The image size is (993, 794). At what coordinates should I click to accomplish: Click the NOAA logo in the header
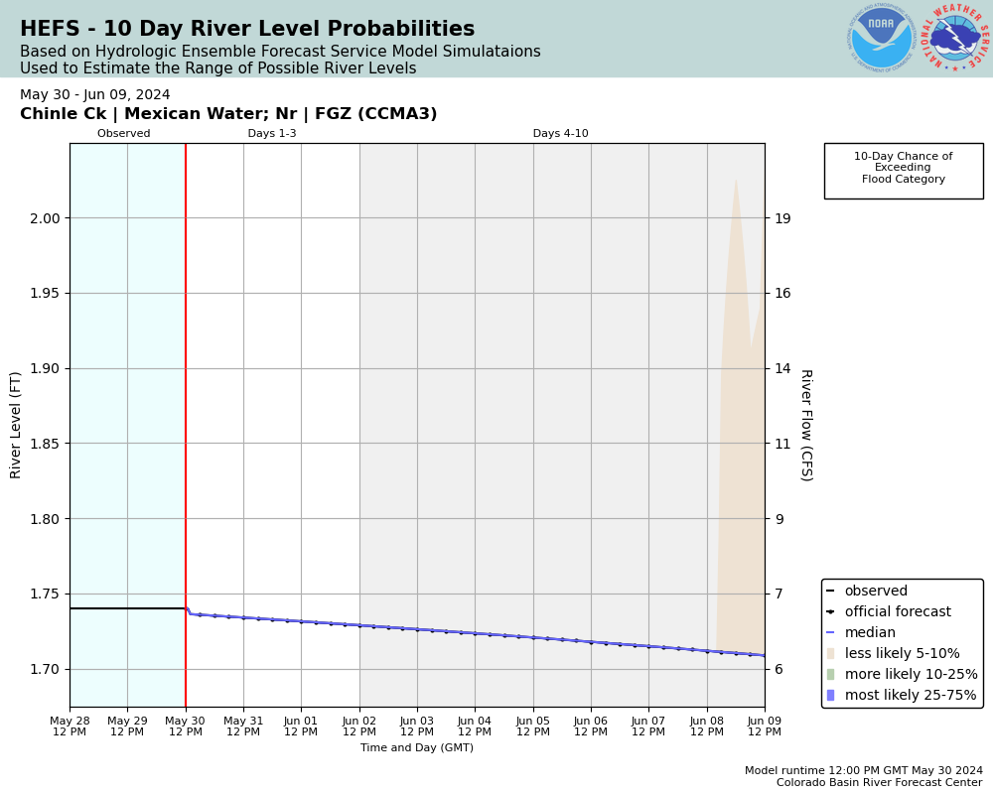[881, 38]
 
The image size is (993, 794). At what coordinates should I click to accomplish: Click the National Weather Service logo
[955, 38]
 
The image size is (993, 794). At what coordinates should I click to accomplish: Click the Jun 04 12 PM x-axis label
[475, 727]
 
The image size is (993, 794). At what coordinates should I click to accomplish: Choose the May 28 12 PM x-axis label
[70, 727]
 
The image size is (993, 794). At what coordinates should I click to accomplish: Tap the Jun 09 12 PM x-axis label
[764, 727]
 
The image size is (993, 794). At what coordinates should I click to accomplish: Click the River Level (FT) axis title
[16, 425]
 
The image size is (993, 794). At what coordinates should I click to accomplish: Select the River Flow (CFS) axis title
[805, 425]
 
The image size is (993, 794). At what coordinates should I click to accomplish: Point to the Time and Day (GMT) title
[417, 748]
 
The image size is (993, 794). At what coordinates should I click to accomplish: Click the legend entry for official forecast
[897, 612]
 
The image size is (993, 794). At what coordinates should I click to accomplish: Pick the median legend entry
[869, 633]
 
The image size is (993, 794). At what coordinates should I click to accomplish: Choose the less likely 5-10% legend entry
[902, 654]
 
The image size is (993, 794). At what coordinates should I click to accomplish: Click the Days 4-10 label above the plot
[560, 134]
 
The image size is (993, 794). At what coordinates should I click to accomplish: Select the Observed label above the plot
[124, 134]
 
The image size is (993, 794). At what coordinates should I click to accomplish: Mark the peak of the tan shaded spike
[736, 180]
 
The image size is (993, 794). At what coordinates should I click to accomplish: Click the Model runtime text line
[863, 771]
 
